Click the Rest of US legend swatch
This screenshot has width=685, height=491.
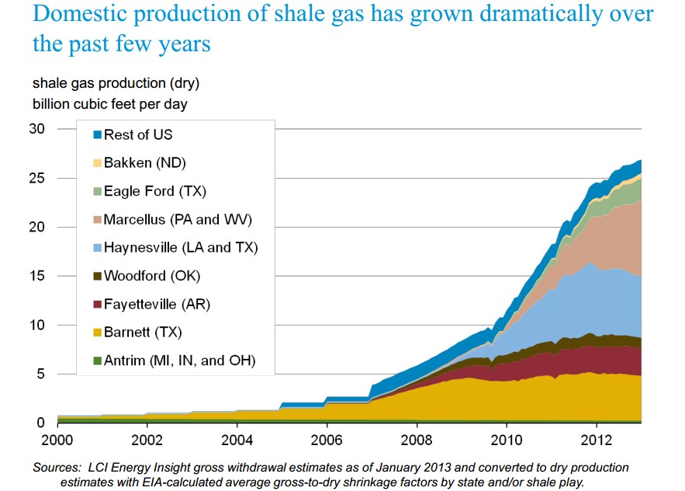point(97,135)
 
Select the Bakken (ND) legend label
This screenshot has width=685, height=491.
point(144,163)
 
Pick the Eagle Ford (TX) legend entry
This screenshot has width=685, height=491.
point(154,191)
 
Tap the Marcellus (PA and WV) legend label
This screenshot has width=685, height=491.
point(178,219)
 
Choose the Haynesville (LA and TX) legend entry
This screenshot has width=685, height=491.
point(180,248)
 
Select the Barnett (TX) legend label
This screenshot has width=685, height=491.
point(144,332)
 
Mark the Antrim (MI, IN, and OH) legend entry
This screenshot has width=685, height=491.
point(179,360)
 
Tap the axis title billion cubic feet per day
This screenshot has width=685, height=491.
point(109,103)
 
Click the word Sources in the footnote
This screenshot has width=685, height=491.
point(57,468)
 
